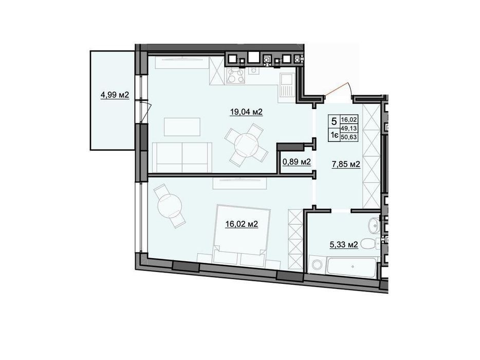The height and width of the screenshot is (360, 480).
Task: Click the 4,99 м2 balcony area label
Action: pos(115,95)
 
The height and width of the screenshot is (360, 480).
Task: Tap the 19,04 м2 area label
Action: pos(246,112)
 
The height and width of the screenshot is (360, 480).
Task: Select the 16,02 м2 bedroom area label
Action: pos(242,224)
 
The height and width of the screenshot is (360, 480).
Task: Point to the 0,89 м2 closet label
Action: pos(297,162)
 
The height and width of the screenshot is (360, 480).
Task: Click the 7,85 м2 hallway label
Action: pos(346,165)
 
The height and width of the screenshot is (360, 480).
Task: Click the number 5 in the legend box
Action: pos(334,121)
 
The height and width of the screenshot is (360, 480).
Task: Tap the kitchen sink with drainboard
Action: pos(286,85)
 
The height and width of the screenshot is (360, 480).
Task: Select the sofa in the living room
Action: pos(181,157)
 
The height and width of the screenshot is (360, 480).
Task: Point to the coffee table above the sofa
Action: pos(182,127)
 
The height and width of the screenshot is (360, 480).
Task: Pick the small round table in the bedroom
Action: pos(170,206)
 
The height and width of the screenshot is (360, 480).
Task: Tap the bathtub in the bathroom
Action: pos(351,266)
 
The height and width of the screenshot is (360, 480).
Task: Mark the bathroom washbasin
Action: pos(374,226)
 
